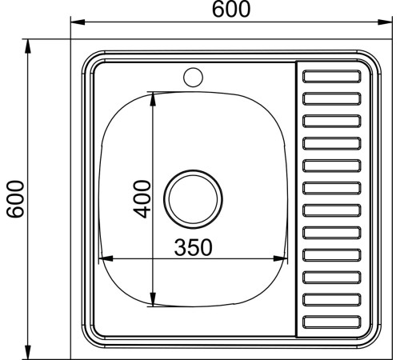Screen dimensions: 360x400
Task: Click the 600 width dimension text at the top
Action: (x=231, y=10)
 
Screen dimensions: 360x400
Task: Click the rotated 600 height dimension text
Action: (x=14, y=199)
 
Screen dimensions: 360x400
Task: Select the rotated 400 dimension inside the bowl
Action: (x=142, y=199)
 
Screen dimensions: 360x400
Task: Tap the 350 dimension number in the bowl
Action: (x=194, y=247)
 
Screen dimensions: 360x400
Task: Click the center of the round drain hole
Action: (x=193, y=198)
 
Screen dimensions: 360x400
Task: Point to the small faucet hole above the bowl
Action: (x=193, y=78)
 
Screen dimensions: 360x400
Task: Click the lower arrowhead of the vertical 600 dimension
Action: (x=28, y=351)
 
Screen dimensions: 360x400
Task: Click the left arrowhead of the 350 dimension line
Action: (x=102, y=259)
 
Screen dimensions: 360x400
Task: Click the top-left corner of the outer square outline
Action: (x=70, y=40)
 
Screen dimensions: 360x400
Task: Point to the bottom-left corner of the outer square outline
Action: (x=70, y=357)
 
